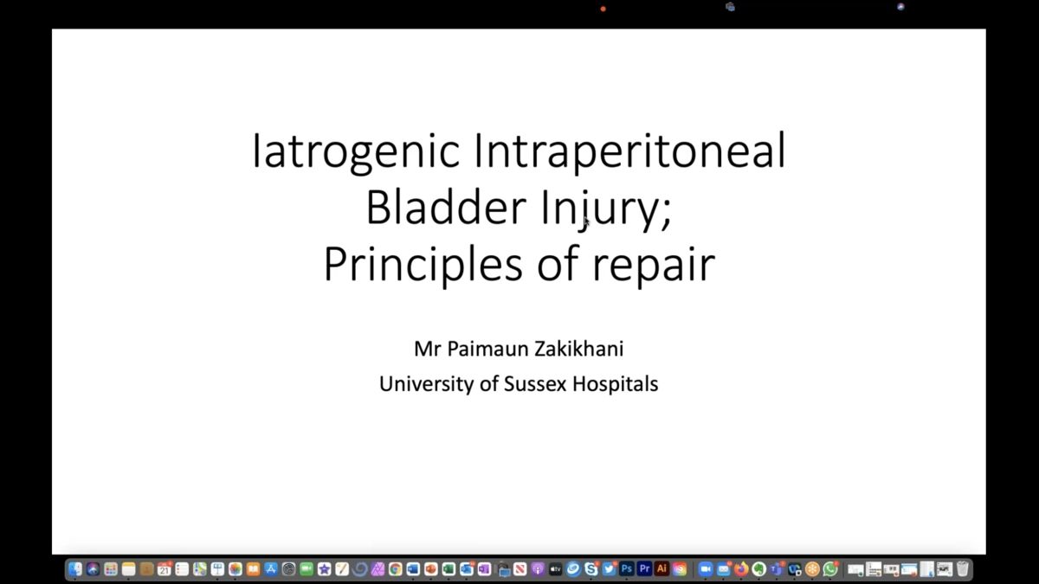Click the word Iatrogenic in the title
click(x=356, y=151)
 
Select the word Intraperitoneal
click(x=630, y=151)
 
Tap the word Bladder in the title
click(x=446, y=208)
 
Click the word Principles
click(x=423, y=264)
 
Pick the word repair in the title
click(x=654, y=265)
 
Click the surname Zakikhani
click(x=579, y=349)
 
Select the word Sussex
click(x=535, y=384)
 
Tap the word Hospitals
click(x=616, y=384)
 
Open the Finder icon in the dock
click(x=75, y=568)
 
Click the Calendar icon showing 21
click(x=164, y=568)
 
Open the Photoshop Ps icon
click(x=626, y=568)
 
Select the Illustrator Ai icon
click(x=661, y=568)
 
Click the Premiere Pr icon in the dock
click(x=644, y=568)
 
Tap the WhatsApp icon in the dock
click(x=830, y=568)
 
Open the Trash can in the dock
click(x=963, y=568)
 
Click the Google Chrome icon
click(x=395, y=568)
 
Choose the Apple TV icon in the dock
click(x=555, y=568)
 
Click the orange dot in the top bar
click(x=603, y=9)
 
